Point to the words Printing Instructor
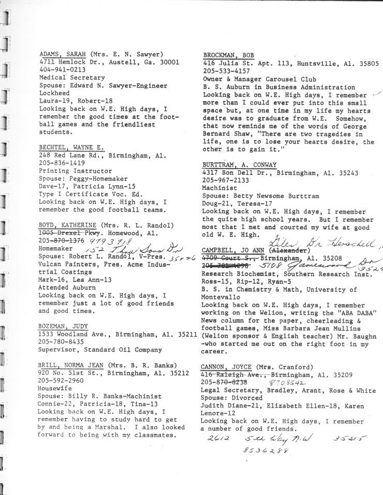(76, 171)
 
